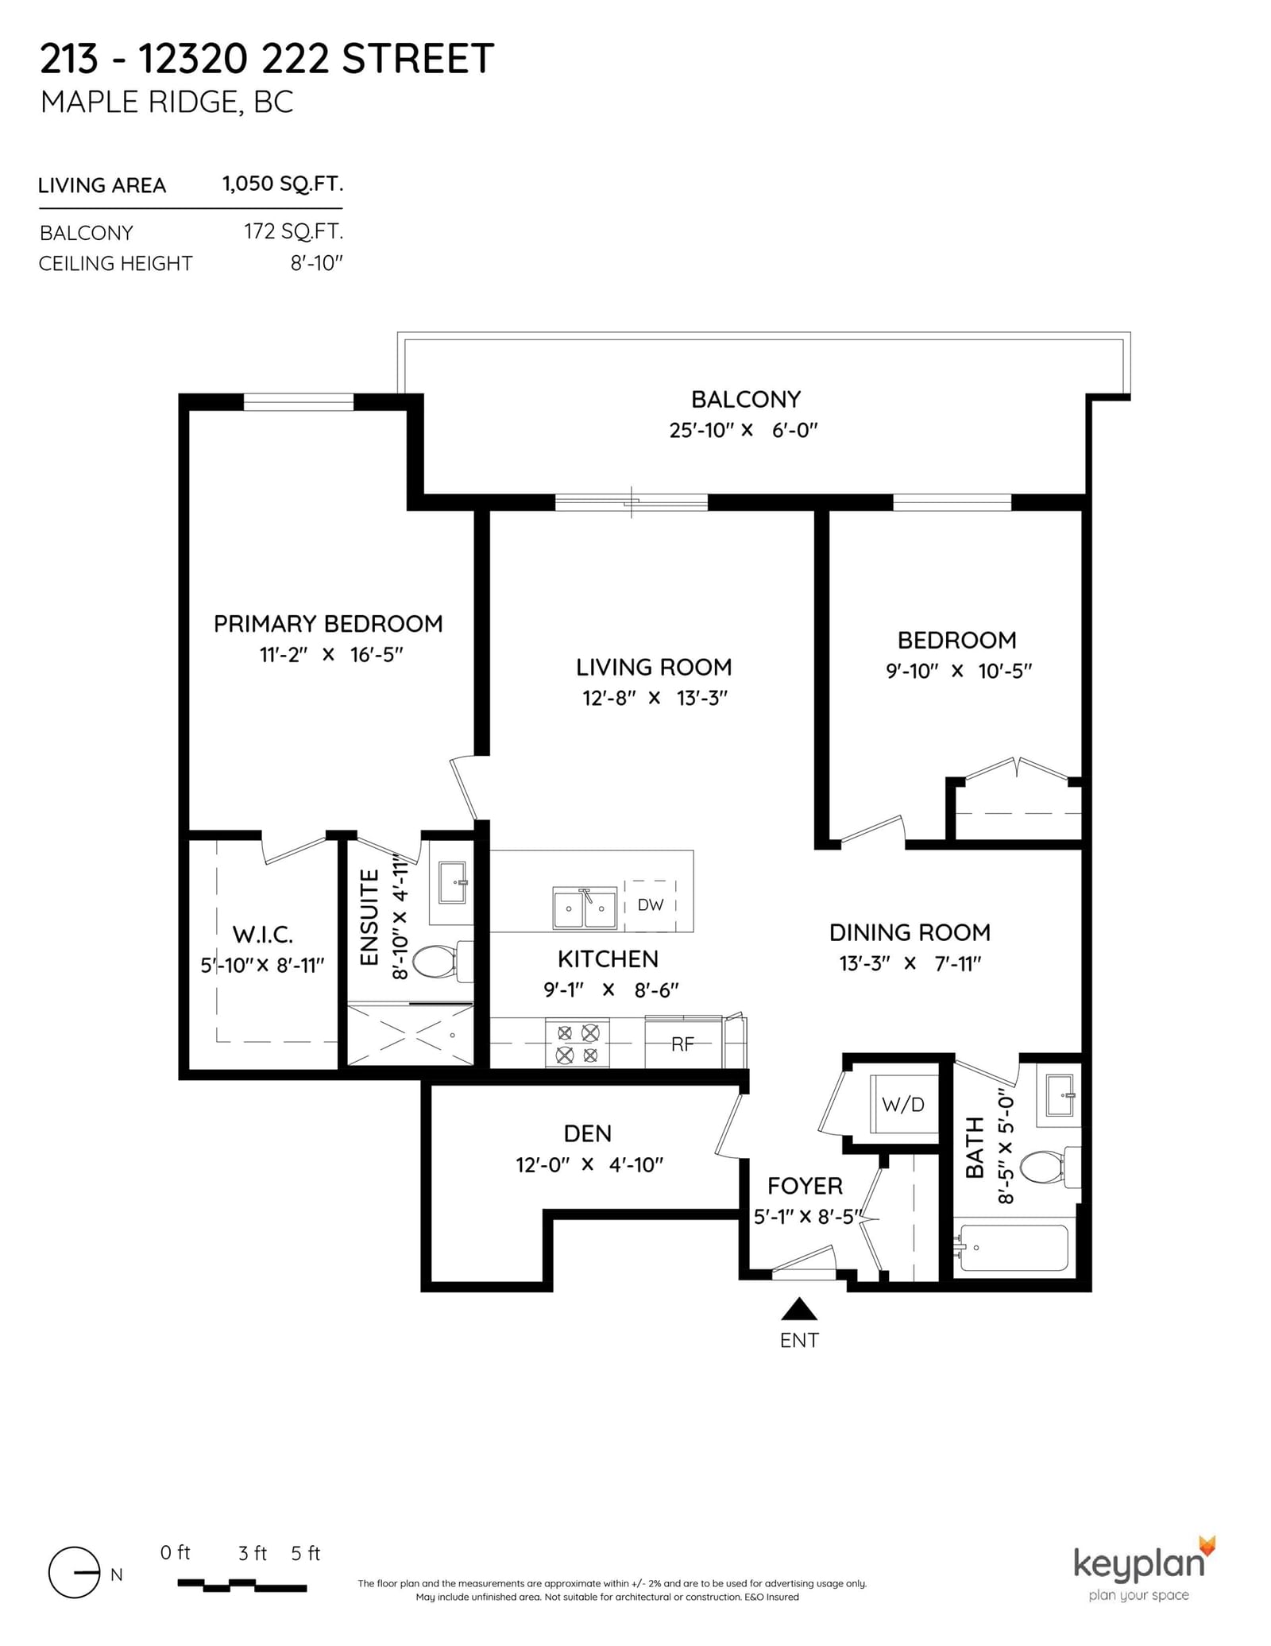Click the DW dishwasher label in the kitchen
650,904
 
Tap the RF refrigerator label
682,1044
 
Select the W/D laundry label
903,1104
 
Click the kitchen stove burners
578,1044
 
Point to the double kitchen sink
585,908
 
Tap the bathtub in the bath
1014,1248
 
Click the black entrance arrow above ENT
799,1308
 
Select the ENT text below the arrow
799,1340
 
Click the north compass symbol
75,1573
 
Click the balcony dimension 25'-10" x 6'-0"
744,430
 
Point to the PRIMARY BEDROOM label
328,624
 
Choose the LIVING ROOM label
654,667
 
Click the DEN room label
588,1133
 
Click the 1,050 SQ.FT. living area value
283,184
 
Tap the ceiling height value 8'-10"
316,263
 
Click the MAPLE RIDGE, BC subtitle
167,103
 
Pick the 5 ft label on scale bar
305,1553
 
